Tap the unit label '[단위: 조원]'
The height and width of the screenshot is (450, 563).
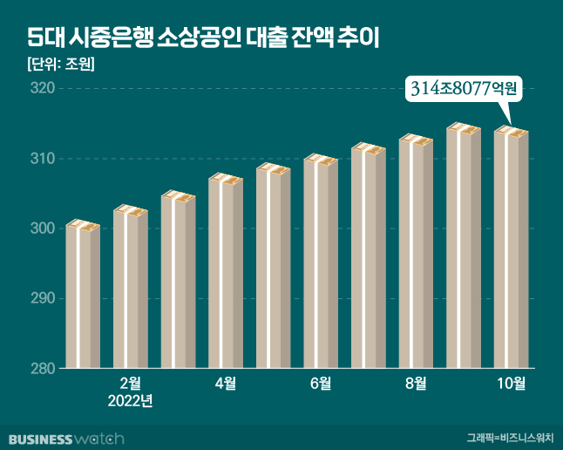(x=56, y=65)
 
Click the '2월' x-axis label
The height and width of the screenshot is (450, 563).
(x=130, y=382)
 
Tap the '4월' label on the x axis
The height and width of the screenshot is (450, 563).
(x=225, y=382)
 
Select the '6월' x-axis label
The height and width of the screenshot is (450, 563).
(x=320, y=382)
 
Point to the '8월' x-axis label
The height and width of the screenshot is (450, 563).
(x=415, y=382)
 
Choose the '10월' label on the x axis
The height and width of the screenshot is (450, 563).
(x=511, y=382)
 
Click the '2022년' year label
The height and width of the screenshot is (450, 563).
(x=130, y=401)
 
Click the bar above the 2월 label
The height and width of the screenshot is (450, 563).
(x=130, y=288)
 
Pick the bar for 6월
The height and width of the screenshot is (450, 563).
(x=320, y=262)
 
